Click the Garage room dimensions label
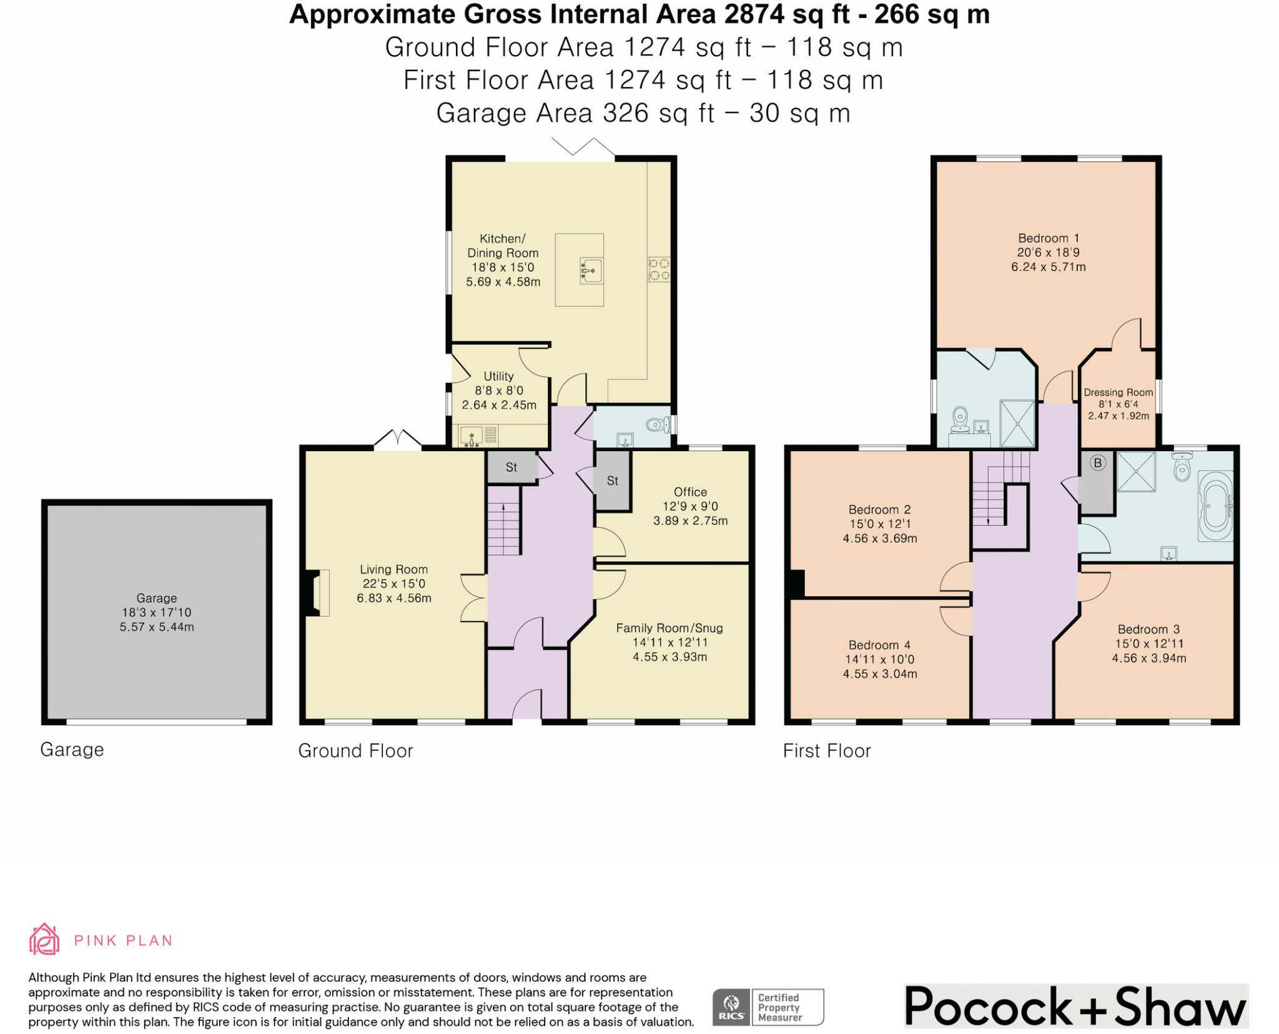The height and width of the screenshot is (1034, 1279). click(157, 613)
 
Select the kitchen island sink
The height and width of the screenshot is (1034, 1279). click(591, 271)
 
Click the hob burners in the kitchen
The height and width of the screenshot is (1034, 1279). click(659, 269)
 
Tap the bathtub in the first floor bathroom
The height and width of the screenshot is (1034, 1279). click(1215, 505)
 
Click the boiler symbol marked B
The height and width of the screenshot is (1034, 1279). click(1097, 463)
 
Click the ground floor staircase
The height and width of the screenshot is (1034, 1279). click(503, 521)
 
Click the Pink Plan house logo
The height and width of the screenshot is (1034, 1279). click(44, 939)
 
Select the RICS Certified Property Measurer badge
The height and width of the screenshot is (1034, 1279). click(768, 1007)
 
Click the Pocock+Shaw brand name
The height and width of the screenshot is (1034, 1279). click(1075, 1007)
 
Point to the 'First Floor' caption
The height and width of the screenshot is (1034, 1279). click(827, 750)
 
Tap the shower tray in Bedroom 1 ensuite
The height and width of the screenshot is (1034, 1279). click(1017, 423)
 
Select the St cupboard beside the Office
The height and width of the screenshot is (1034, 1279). click(612, 480)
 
